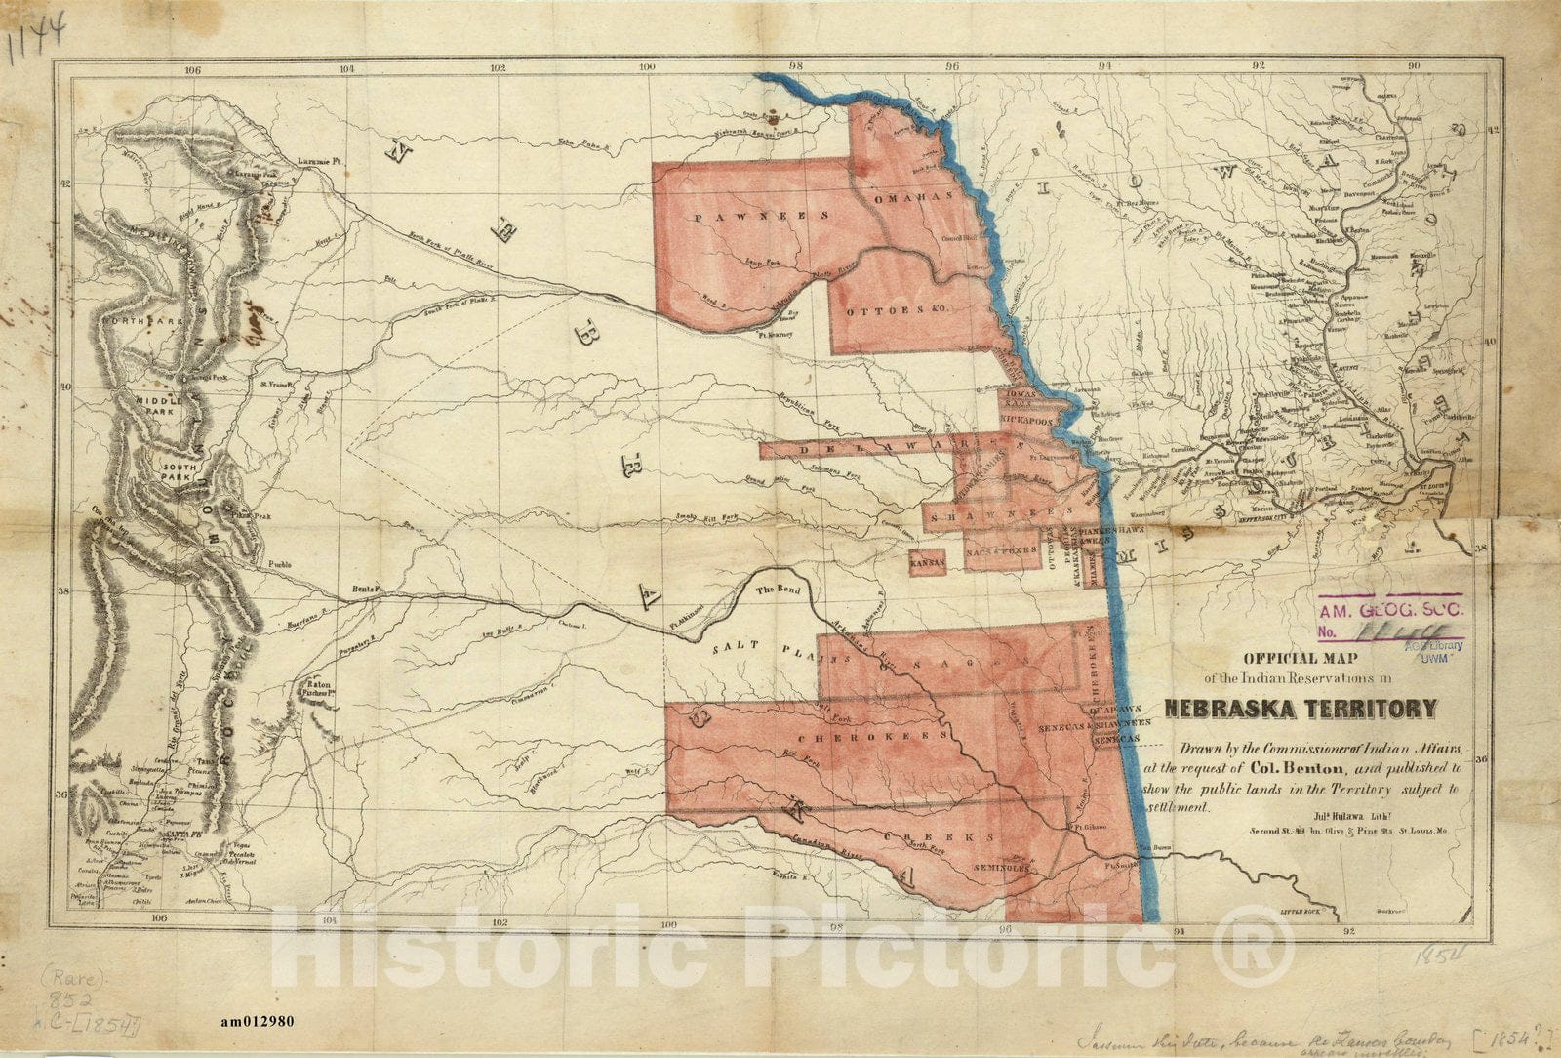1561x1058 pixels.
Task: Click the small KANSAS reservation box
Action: tap(927, 564)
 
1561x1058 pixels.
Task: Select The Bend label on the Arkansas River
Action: tap(777, 590)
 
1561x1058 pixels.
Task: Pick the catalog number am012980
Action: tap(258, 1022)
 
